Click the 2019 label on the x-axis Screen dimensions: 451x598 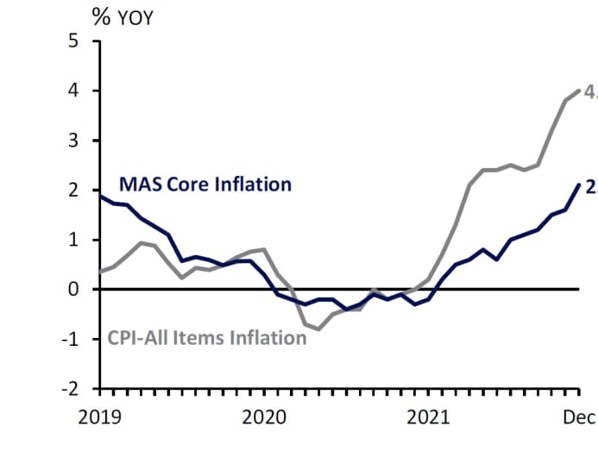coord(101,417)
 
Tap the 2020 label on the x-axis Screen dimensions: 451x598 coord(264,417)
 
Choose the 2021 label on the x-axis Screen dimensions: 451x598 coord(429,417)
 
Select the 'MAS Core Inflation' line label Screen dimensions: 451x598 coord(205,184)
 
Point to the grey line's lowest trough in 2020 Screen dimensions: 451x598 coord(318,329)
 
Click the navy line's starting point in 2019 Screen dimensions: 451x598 coord(101,196)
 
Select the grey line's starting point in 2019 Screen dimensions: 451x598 coord(101,272)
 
